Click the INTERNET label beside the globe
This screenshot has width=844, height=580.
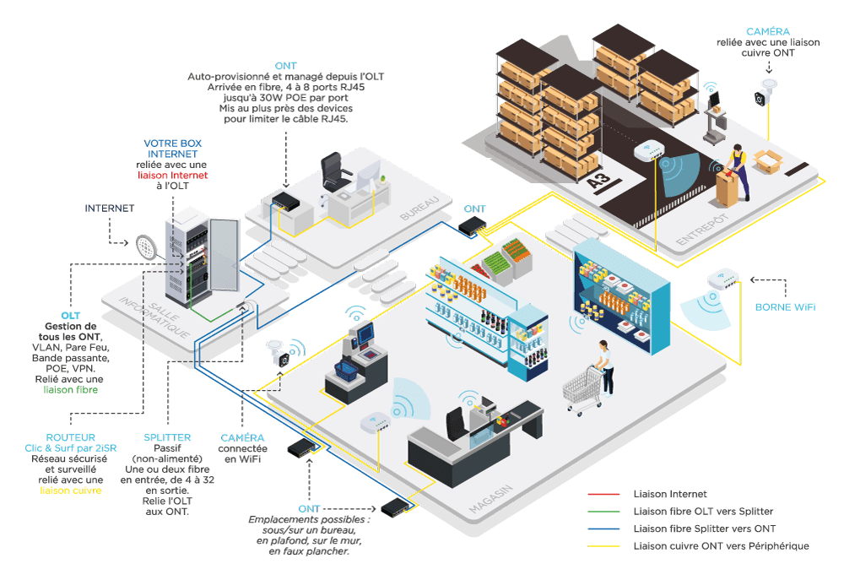pos(109,208)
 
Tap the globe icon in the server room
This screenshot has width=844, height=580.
pos(147,247)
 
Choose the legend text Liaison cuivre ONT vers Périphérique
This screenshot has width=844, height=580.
pos(721,546)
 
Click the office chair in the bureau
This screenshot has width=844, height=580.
pos(333,172)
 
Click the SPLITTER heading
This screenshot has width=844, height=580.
pos(167,437)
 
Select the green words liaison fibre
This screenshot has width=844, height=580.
pos(71,390)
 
